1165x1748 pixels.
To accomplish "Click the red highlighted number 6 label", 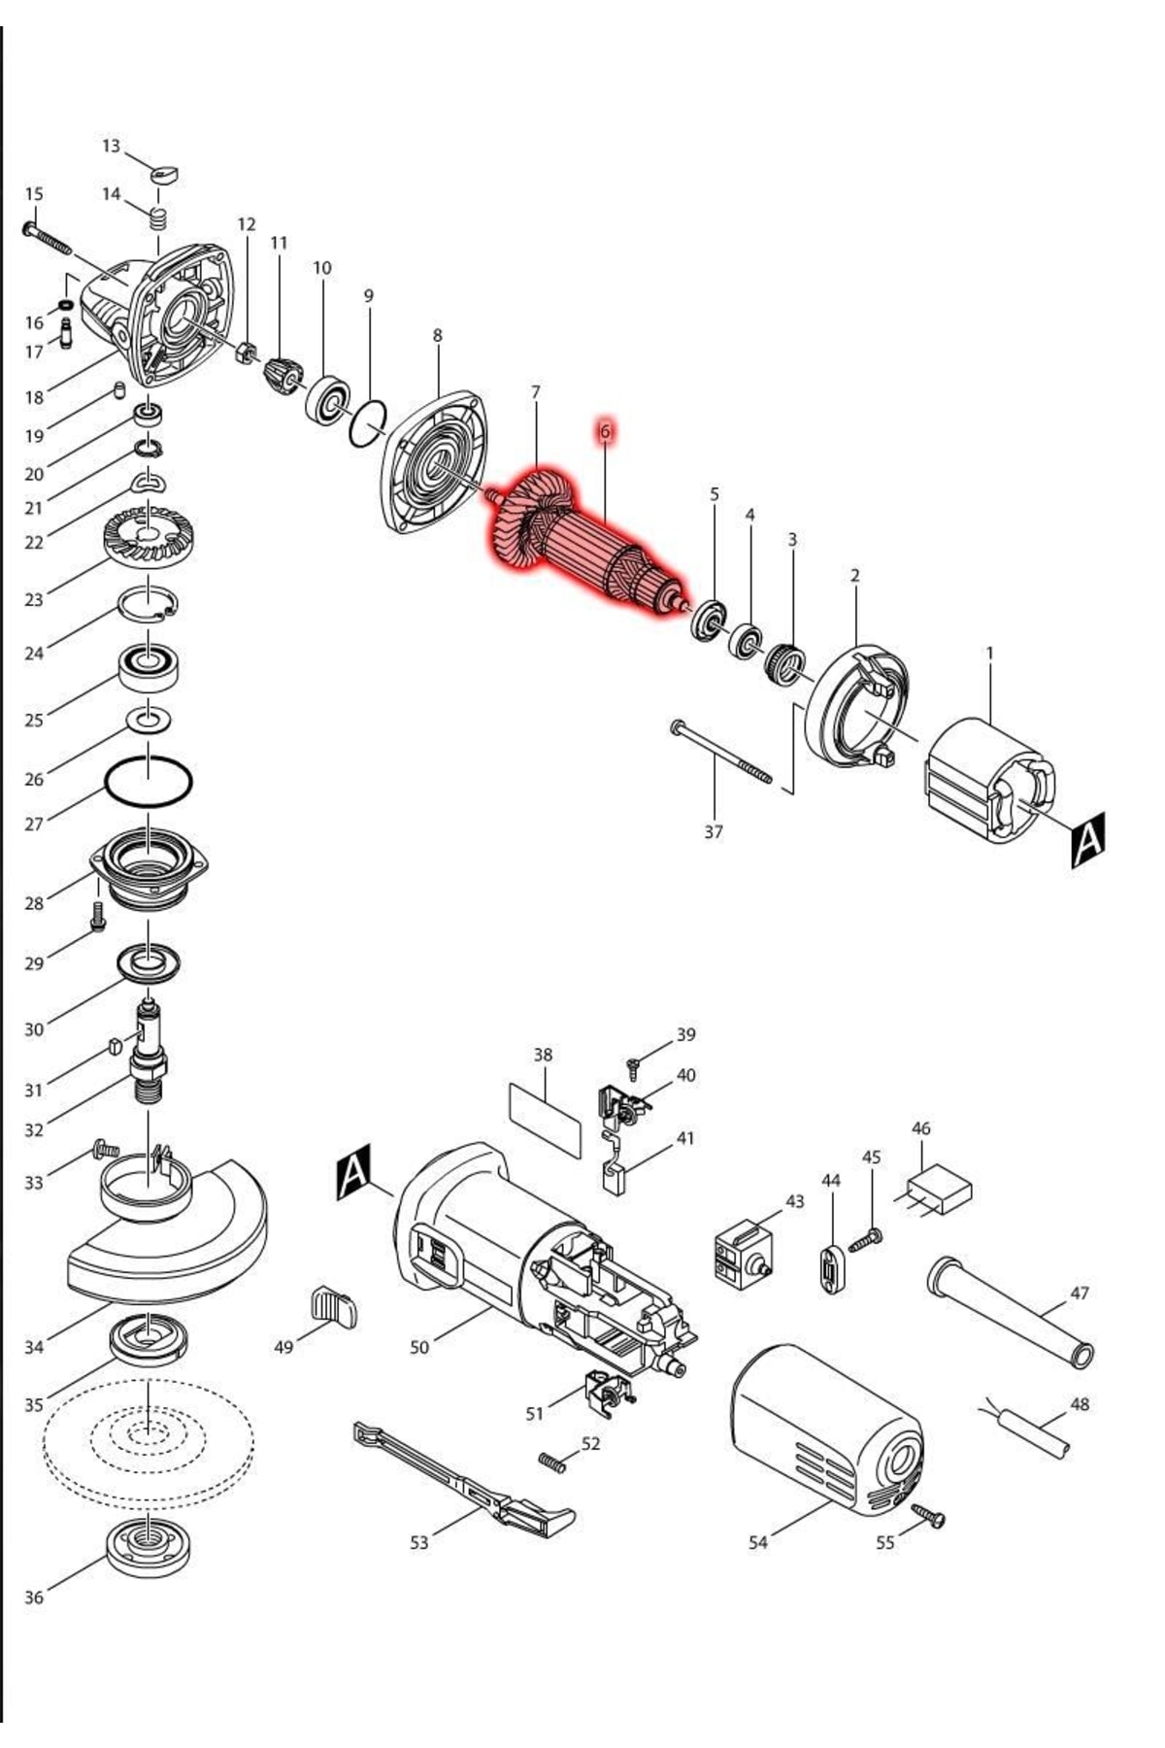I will click(604, 431).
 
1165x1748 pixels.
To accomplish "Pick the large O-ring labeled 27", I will click(148, 781).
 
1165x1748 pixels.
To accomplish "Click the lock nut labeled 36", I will click(148, 1544).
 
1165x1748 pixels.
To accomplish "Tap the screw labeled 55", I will click(928, 1517).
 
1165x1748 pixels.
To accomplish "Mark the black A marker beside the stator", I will click(1087, 838).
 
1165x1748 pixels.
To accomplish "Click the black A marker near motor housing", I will click(353, 1172).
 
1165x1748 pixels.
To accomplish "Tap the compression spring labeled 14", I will click(157, 219).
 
